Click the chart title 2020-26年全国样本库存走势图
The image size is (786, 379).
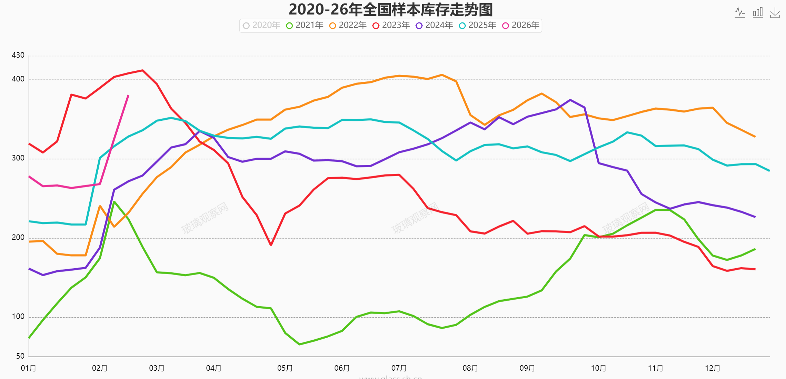click(391, 10)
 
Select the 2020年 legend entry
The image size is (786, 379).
click(261, 26)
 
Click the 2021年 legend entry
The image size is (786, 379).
click(305, 26)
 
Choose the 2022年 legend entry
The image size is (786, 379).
click(348, 26)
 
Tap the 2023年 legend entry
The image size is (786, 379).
click(391, 26)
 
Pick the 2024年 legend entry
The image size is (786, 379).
click(435, 26)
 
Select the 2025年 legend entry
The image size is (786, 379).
click(478, 26)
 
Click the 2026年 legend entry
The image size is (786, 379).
click(521, 26)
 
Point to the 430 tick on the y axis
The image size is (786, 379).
click(18, 55)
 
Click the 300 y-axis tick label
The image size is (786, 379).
click(18, 158)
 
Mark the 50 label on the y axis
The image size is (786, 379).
click(20, 356)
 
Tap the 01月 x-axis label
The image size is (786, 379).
click(28, 368)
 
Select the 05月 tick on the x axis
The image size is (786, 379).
click(285, 368)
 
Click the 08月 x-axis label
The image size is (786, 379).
click(470, 368)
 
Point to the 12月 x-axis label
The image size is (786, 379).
click(713, 368)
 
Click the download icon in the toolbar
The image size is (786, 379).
click(775, 13)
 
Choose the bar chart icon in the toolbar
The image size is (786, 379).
click(758, 13)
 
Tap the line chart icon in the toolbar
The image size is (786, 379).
click(740, 13)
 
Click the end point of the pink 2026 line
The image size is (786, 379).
click(128, 96)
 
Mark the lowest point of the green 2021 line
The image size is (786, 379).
click(299, 344)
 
